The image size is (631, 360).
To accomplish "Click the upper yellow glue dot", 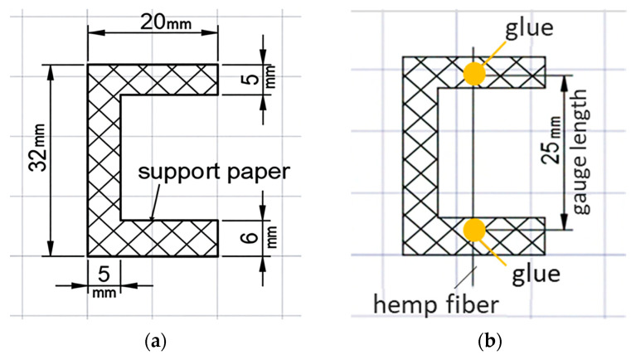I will click(473, 73).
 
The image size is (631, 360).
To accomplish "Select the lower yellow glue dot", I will click(473, 230).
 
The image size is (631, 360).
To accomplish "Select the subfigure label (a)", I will click(154, 340).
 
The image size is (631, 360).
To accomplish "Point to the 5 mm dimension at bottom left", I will click(103, 275).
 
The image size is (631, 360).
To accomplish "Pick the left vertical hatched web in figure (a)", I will click(104, 158).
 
